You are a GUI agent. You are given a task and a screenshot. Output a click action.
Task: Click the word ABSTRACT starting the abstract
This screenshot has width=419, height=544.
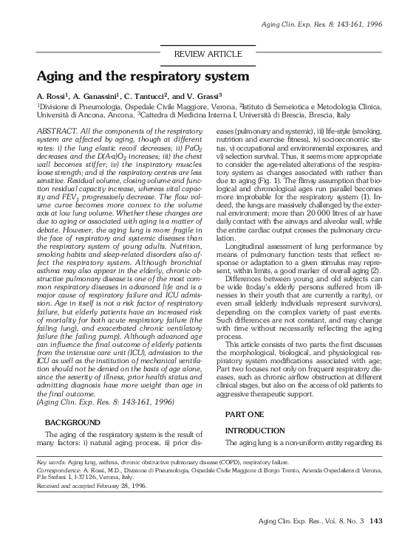(58, 129)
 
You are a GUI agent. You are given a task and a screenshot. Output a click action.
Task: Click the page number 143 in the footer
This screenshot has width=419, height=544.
(376, 522)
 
